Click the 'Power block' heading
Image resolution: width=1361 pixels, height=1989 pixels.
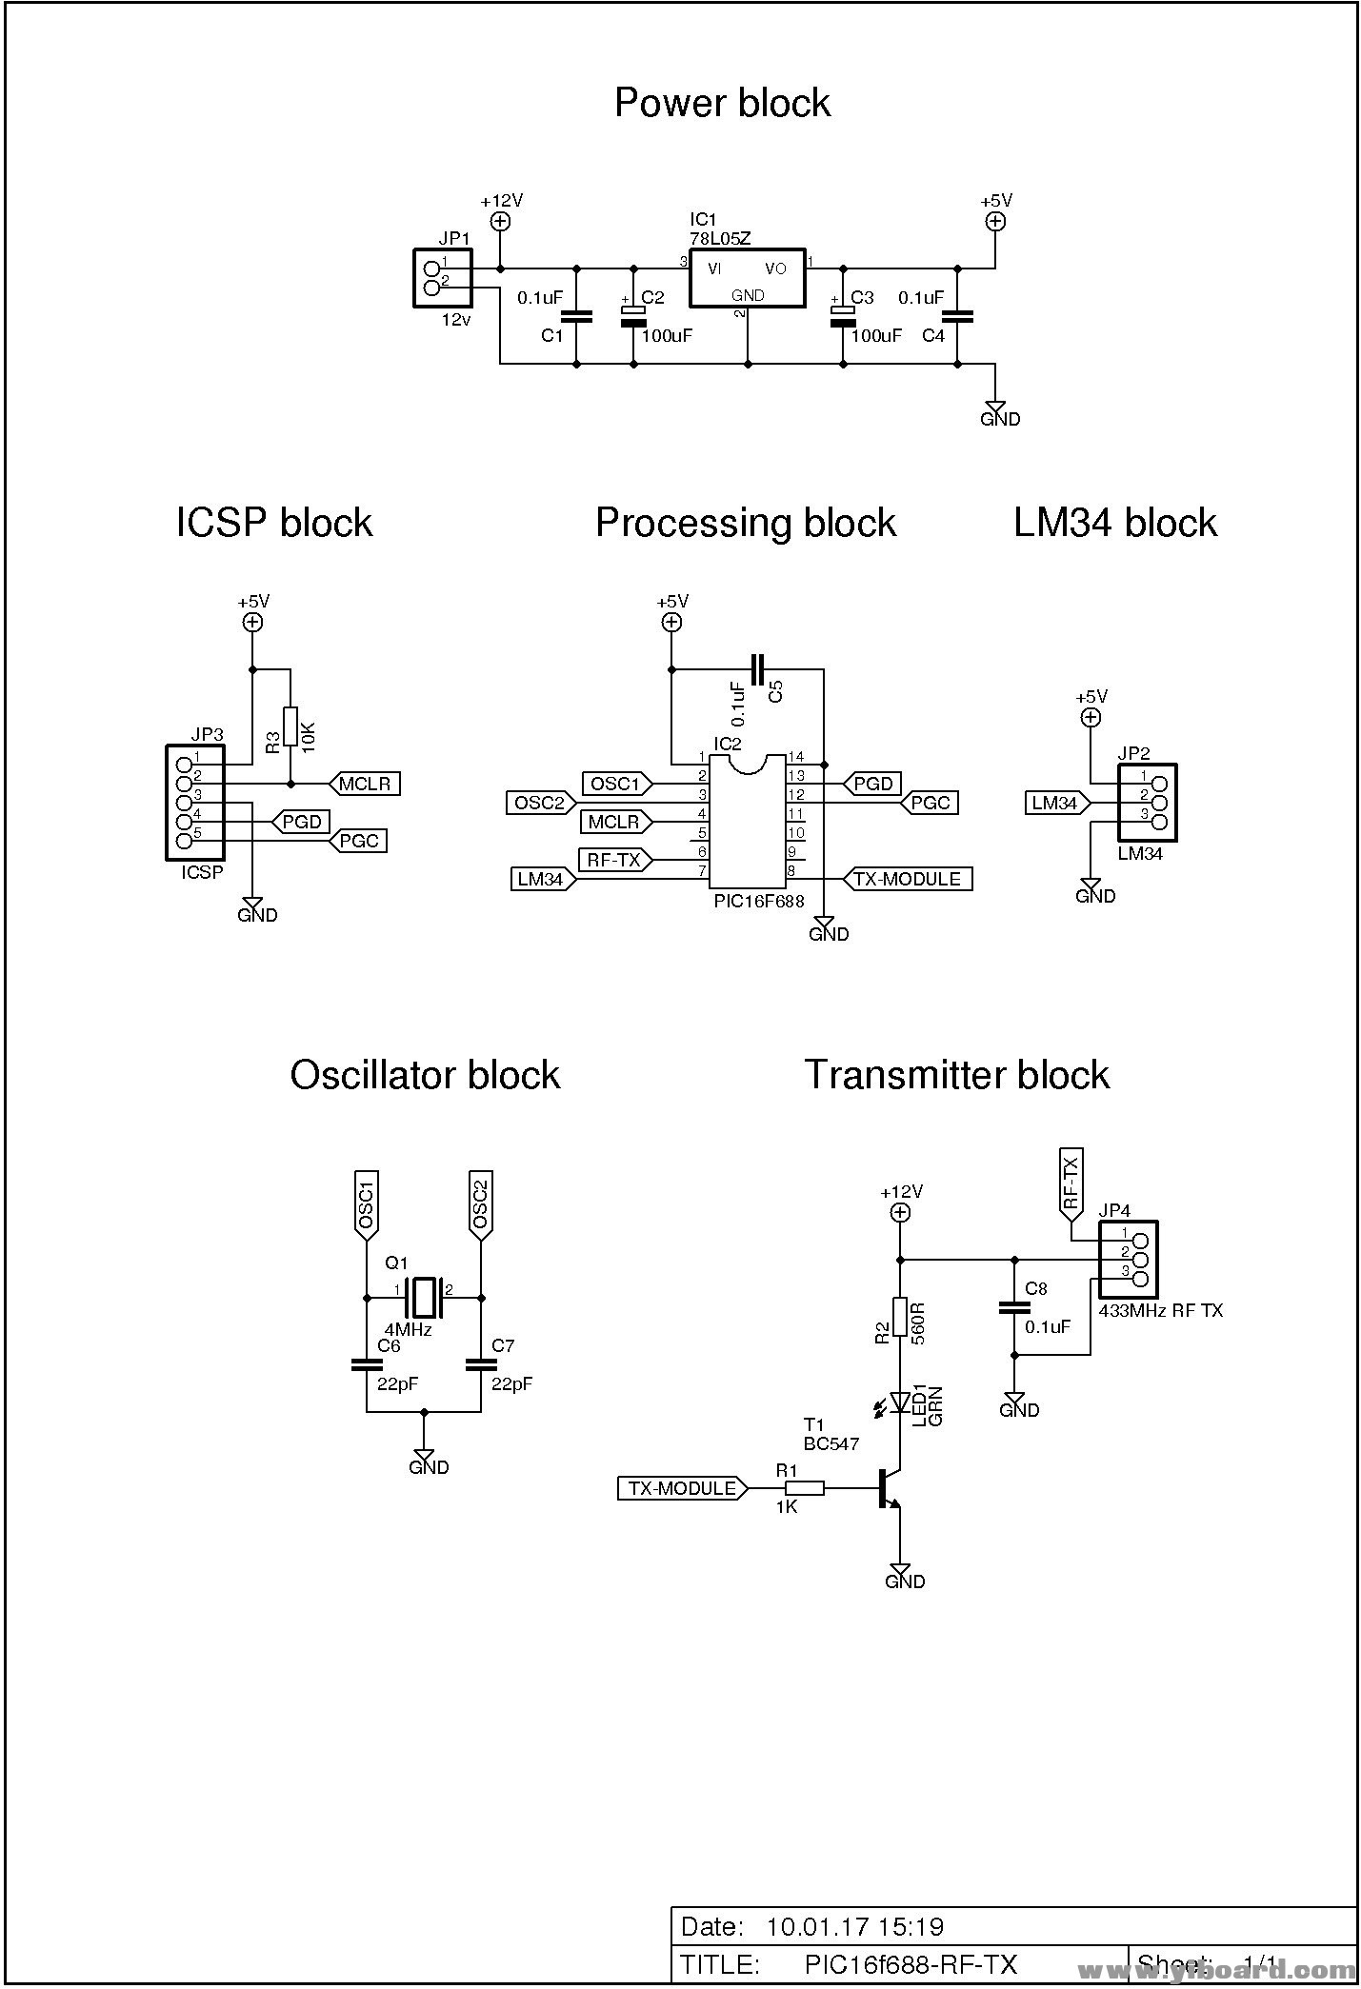(722, 103)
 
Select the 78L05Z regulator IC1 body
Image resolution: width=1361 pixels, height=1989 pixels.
(748, 279)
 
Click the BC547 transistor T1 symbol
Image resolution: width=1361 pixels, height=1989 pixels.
(887, 1487)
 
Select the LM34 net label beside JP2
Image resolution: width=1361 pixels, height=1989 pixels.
(1057, 803)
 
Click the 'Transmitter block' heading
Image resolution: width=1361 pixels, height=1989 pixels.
(957, 1075)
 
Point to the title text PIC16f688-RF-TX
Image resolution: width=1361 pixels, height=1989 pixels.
(911, 1964)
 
